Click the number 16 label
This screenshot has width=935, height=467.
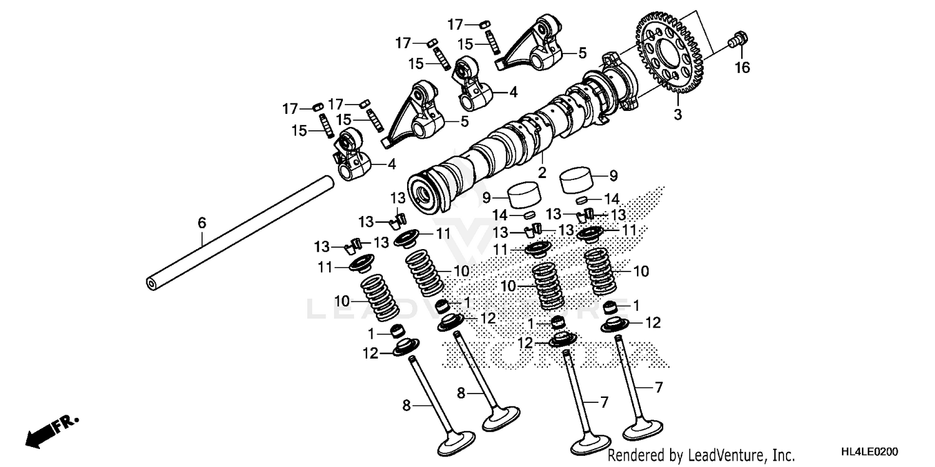pyautogui.click(x=741, y=68)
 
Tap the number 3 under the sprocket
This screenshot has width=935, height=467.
pyautogui.click(x=677, y=115)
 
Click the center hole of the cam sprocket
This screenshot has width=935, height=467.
pyautogui.click(x=671, y=52)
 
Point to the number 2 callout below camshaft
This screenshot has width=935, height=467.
pyautogui.click(x=542, y=172)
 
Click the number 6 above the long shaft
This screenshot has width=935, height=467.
pyautogui.click(x=201, y=222)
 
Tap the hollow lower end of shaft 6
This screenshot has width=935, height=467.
pyautogui.click(x=151, y=283)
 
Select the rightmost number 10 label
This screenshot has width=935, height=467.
pyautogui.click(x=641, y=271)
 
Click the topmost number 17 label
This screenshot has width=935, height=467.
pyautogui.click(x=455, y=24)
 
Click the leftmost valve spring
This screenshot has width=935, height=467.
pyautogui.click(x=379, y=298)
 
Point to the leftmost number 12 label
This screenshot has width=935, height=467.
pyautogui.click(x=370, y=354)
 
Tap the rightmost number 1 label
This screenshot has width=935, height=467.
pyautogui.click(x=636, y=305)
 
